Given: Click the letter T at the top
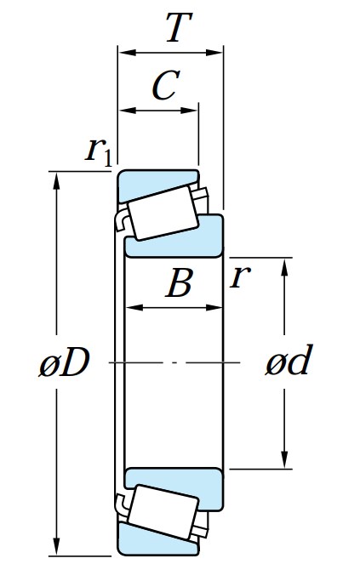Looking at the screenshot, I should pyautogui.click(x=174, y=29).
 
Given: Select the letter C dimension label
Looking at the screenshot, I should pyautogui.click(x=166, y=85).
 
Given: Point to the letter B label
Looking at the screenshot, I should pyautogui.click(x=179, y=283).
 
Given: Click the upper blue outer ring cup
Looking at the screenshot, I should pyautogui.click(x=140, y=183).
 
